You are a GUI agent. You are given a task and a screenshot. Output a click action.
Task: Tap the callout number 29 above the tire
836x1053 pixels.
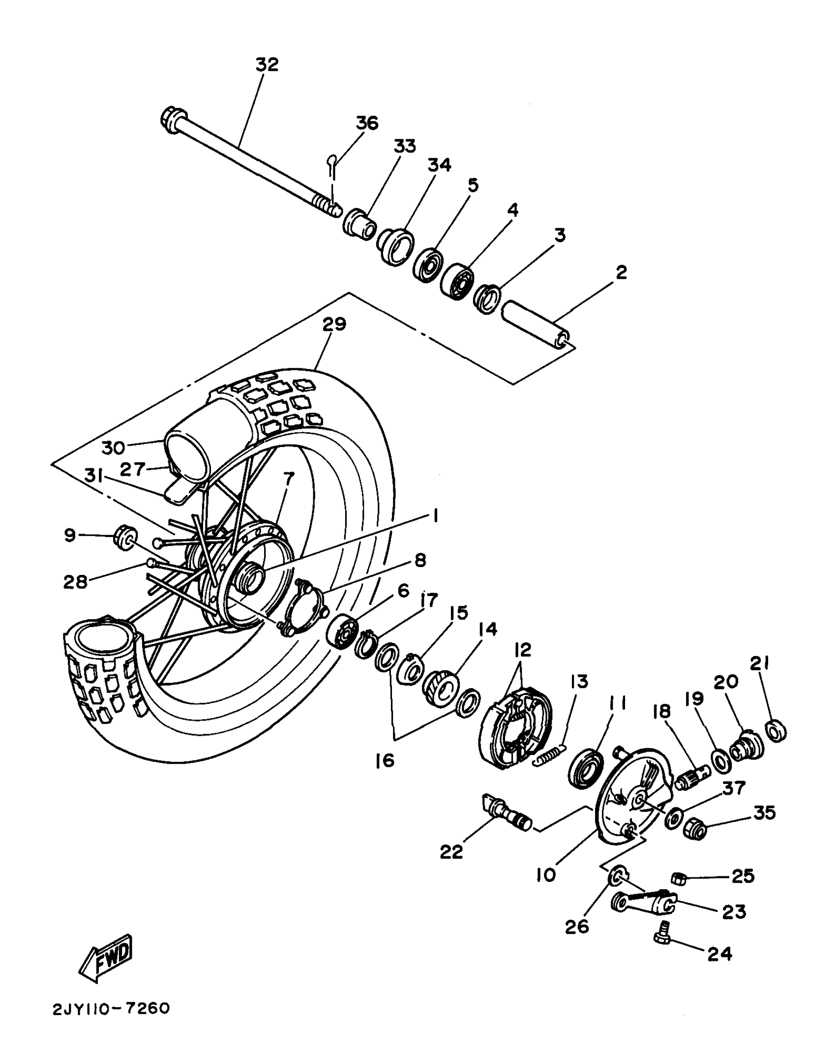tap(334, 325)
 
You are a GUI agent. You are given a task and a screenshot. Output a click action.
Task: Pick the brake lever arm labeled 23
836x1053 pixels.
tap(644, 903)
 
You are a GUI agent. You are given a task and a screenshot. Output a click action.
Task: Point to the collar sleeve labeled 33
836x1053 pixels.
tap(359, 224)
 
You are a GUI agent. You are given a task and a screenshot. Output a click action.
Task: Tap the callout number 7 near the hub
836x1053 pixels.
tap(289, 478)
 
